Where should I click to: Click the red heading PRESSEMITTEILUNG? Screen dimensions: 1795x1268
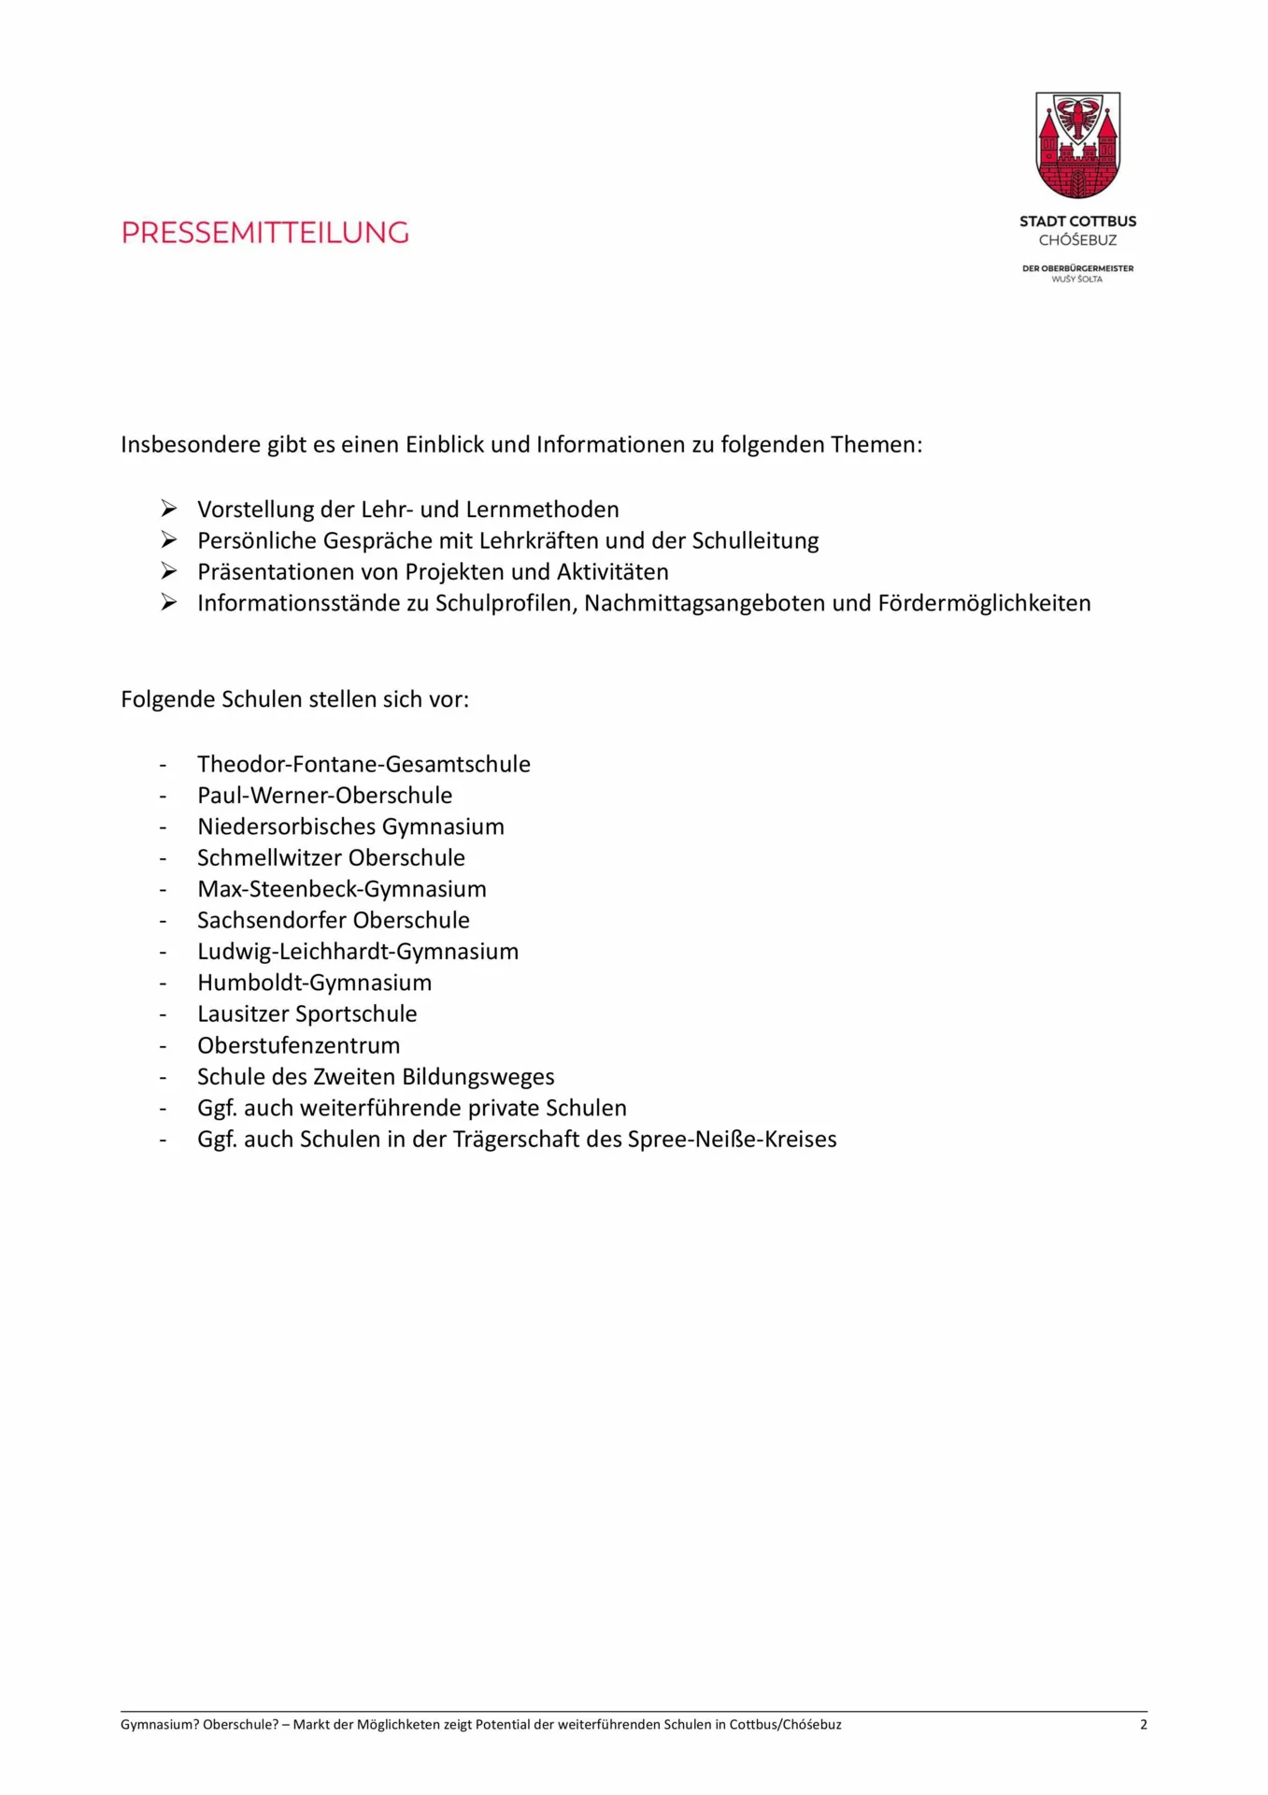(265, 233)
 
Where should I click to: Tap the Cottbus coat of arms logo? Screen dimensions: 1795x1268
(1077, 145)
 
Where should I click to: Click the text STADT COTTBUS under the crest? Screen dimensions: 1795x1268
(1077, 222)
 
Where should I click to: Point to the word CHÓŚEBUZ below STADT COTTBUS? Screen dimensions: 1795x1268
(1077, 240)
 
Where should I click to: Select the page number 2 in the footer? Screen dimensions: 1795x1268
(1143, 1725)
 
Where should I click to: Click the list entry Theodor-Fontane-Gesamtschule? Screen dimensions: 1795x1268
(363, 765)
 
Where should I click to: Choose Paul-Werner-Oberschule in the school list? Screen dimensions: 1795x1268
(324, 796)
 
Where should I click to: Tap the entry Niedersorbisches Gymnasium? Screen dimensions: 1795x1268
(350, 826)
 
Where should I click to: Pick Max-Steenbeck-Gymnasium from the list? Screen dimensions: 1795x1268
(341, 889)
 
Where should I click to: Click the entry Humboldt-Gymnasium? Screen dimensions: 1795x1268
(314, 983)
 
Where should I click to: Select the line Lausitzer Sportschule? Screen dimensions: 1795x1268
(306, 1014)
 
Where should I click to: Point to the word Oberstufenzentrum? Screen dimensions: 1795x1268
(298, 1045)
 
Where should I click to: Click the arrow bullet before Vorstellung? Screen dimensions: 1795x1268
(169, 509)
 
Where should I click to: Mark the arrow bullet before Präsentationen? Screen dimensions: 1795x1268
(169, 571)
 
